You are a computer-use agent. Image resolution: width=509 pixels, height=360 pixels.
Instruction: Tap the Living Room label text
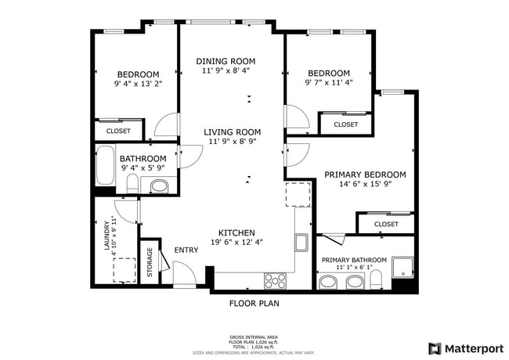[233, 131]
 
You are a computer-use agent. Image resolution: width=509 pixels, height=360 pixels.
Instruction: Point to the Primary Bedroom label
[365, 175]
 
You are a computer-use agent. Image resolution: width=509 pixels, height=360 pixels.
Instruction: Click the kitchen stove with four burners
[275, 280]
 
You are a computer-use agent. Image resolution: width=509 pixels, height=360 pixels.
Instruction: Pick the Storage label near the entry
[149, 263]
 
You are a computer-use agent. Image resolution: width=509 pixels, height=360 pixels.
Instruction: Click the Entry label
[186, 250]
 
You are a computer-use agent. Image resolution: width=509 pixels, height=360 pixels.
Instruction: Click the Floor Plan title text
[254, 303]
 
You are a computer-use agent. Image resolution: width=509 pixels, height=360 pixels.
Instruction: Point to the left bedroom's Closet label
[118, 131]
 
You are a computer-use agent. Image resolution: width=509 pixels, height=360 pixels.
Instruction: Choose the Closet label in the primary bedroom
[386, 225]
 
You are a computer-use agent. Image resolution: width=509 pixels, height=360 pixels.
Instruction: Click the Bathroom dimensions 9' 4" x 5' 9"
[143, 167]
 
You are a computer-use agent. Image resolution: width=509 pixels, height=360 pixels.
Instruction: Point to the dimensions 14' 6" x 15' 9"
[365, 185]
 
